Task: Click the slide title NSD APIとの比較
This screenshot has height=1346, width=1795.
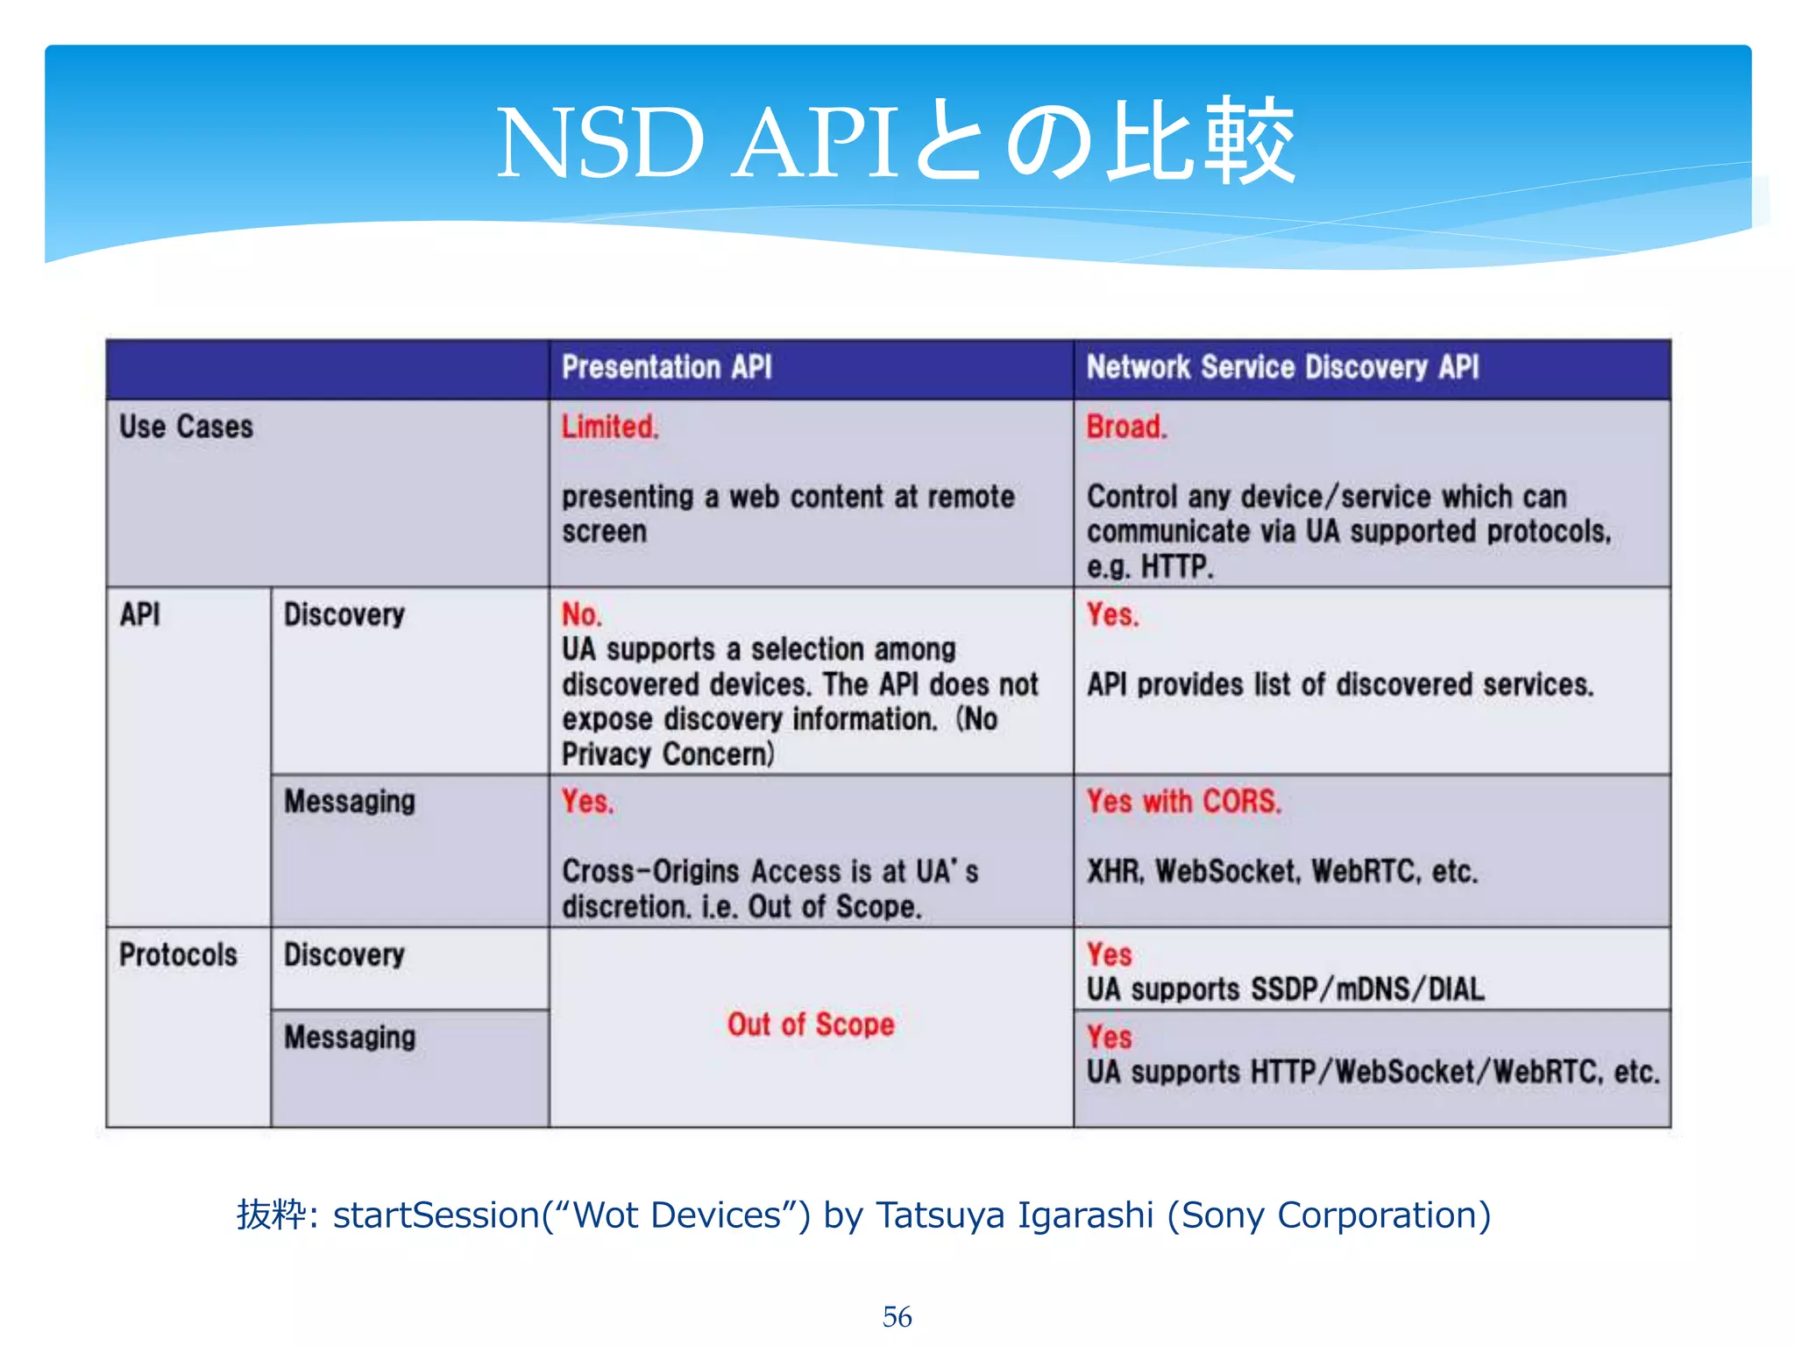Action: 896,142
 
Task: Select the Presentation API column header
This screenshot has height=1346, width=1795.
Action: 666,367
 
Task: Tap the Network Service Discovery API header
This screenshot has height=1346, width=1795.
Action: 1282,367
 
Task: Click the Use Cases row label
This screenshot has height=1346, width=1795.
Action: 186,427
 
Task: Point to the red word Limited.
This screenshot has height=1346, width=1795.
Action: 609,427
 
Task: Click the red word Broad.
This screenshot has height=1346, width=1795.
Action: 1126,427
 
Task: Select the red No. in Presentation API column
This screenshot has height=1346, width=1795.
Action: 581,614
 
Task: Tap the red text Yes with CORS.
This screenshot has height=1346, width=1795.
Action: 1183,801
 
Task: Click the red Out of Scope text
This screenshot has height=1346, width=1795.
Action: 811,1024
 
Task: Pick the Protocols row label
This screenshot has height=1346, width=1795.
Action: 178,954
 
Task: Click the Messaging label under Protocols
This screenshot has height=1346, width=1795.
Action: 350,1038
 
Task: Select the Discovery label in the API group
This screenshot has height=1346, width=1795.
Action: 344,614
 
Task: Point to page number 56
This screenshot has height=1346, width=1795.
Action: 897,1316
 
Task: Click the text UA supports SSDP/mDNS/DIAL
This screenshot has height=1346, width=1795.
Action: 1285,989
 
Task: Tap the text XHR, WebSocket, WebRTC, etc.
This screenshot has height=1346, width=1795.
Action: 1281,871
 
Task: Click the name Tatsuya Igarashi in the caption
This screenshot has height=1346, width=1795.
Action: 1014,1215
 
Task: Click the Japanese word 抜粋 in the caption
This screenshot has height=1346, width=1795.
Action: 271,1215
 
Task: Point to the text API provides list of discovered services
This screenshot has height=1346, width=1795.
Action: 1339,684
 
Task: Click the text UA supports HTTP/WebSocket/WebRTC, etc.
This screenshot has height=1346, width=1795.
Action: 1373,1072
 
